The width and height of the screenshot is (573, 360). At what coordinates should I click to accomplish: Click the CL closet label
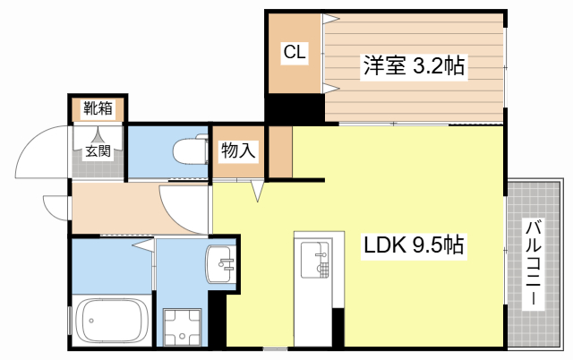tap(295, 52)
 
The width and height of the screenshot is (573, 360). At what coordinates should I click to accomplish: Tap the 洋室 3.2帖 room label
tap(414, 66)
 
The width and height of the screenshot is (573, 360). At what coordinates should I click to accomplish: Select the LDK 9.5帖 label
tap(414, 245)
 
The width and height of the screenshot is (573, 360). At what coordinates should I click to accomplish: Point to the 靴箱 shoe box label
tap(98, 108)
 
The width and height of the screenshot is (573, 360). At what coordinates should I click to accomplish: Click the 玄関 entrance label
tap(98, 150)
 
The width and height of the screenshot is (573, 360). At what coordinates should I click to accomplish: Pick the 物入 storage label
tap(238, 150)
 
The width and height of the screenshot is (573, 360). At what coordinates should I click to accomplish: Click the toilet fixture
tap(191, 150)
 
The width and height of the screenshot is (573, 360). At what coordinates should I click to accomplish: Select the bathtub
tap(112, 321)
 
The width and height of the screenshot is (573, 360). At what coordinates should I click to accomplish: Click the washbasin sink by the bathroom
tap(220, 264)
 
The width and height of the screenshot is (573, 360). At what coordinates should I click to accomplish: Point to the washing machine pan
tap(182, 327)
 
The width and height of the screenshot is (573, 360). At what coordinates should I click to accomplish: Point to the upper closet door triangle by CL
tap(330, 19)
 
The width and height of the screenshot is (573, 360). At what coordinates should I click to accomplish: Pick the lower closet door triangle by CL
tap(330, 88)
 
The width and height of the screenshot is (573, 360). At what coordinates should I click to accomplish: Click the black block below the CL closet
tap(295, 108)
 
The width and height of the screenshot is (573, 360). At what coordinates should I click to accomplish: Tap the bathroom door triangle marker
tap(143, 244)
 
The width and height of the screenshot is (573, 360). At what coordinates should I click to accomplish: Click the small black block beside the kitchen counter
tap(338, 327)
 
